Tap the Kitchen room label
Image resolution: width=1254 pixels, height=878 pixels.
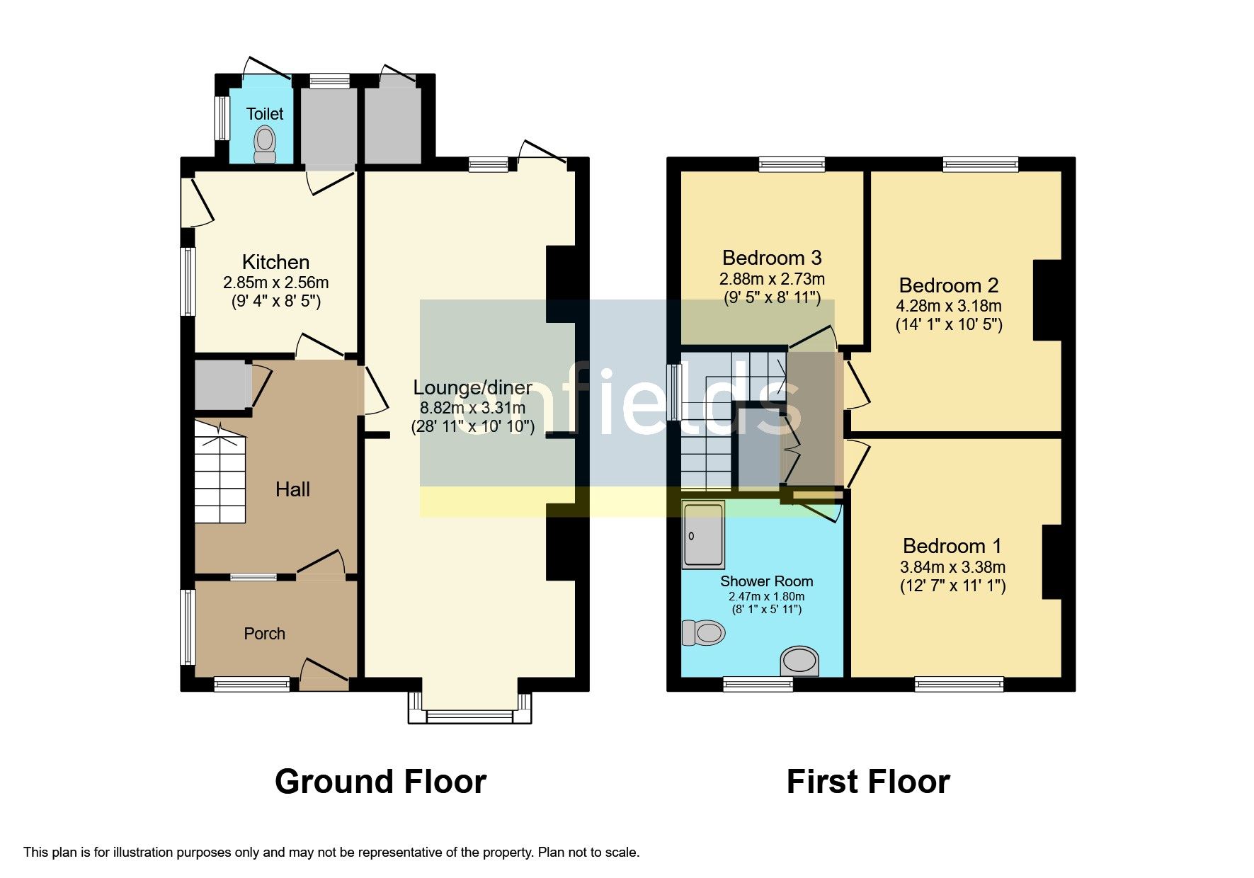coord(275,262)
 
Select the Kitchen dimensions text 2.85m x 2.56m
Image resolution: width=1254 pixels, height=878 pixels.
coord(275,283)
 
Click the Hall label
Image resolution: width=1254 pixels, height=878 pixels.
coord(292,489)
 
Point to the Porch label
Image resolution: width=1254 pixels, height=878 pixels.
coord(264,634)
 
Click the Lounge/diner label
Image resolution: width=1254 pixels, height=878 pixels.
coord(472,387)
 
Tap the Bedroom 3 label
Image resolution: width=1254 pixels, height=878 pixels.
coord(772,258)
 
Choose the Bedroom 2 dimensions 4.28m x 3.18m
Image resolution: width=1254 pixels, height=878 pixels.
coord(948,306)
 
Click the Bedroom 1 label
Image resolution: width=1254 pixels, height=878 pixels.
coord(952,546)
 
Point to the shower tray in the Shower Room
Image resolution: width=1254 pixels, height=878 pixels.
coord(703,535)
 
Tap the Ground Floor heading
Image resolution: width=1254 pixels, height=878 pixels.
coord(380,782)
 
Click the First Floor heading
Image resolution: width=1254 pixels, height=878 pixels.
coord(867,782)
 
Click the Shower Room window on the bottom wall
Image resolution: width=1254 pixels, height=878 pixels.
coord(758,684)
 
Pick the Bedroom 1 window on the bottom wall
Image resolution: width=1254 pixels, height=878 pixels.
coord(959,684)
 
